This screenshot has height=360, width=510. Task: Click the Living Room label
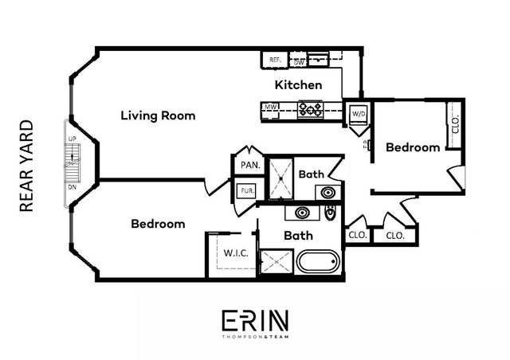point(158,115)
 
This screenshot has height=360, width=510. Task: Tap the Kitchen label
point(299,84)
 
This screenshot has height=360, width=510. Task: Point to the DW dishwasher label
point(300,61)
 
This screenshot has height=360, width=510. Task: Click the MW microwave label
point(271,107)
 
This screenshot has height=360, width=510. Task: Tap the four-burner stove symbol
point(310,108)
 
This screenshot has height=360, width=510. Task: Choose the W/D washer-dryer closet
point(359,114)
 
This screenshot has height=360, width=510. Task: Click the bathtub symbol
point(318,260)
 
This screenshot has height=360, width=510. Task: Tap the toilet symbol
point(330,213)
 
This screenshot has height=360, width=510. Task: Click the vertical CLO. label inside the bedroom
point(456,126)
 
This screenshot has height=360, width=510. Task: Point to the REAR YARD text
point(25,166)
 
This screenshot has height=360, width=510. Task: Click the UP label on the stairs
point(72,139)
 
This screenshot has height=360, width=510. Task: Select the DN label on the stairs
point(72,186)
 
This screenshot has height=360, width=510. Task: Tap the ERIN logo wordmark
point(255,320)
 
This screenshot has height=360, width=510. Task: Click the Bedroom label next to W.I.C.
point(158,224)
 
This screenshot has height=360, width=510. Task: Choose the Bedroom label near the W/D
point(413,147)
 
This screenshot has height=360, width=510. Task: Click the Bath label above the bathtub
point(299,236)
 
